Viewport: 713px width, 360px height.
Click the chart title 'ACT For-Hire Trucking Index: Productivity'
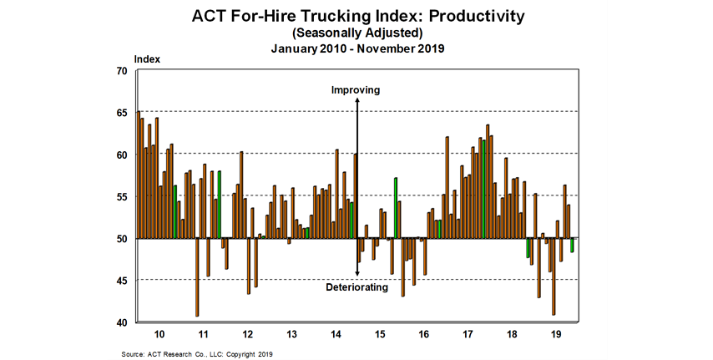click(356, 15)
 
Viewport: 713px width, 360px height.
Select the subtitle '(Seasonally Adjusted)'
click(356, 33)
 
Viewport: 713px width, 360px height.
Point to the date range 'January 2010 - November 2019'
click(356, 48)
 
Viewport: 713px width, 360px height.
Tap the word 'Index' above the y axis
click(147, 59)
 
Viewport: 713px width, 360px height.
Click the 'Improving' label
click(356, 89)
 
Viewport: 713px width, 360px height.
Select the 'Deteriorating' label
click(356, 287)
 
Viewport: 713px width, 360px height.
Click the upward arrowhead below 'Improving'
click(357, 102)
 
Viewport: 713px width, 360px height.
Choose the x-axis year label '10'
click(159, 333)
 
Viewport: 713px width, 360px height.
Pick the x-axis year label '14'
click(336, 333)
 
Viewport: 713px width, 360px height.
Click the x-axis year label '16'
click(424, 333)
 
